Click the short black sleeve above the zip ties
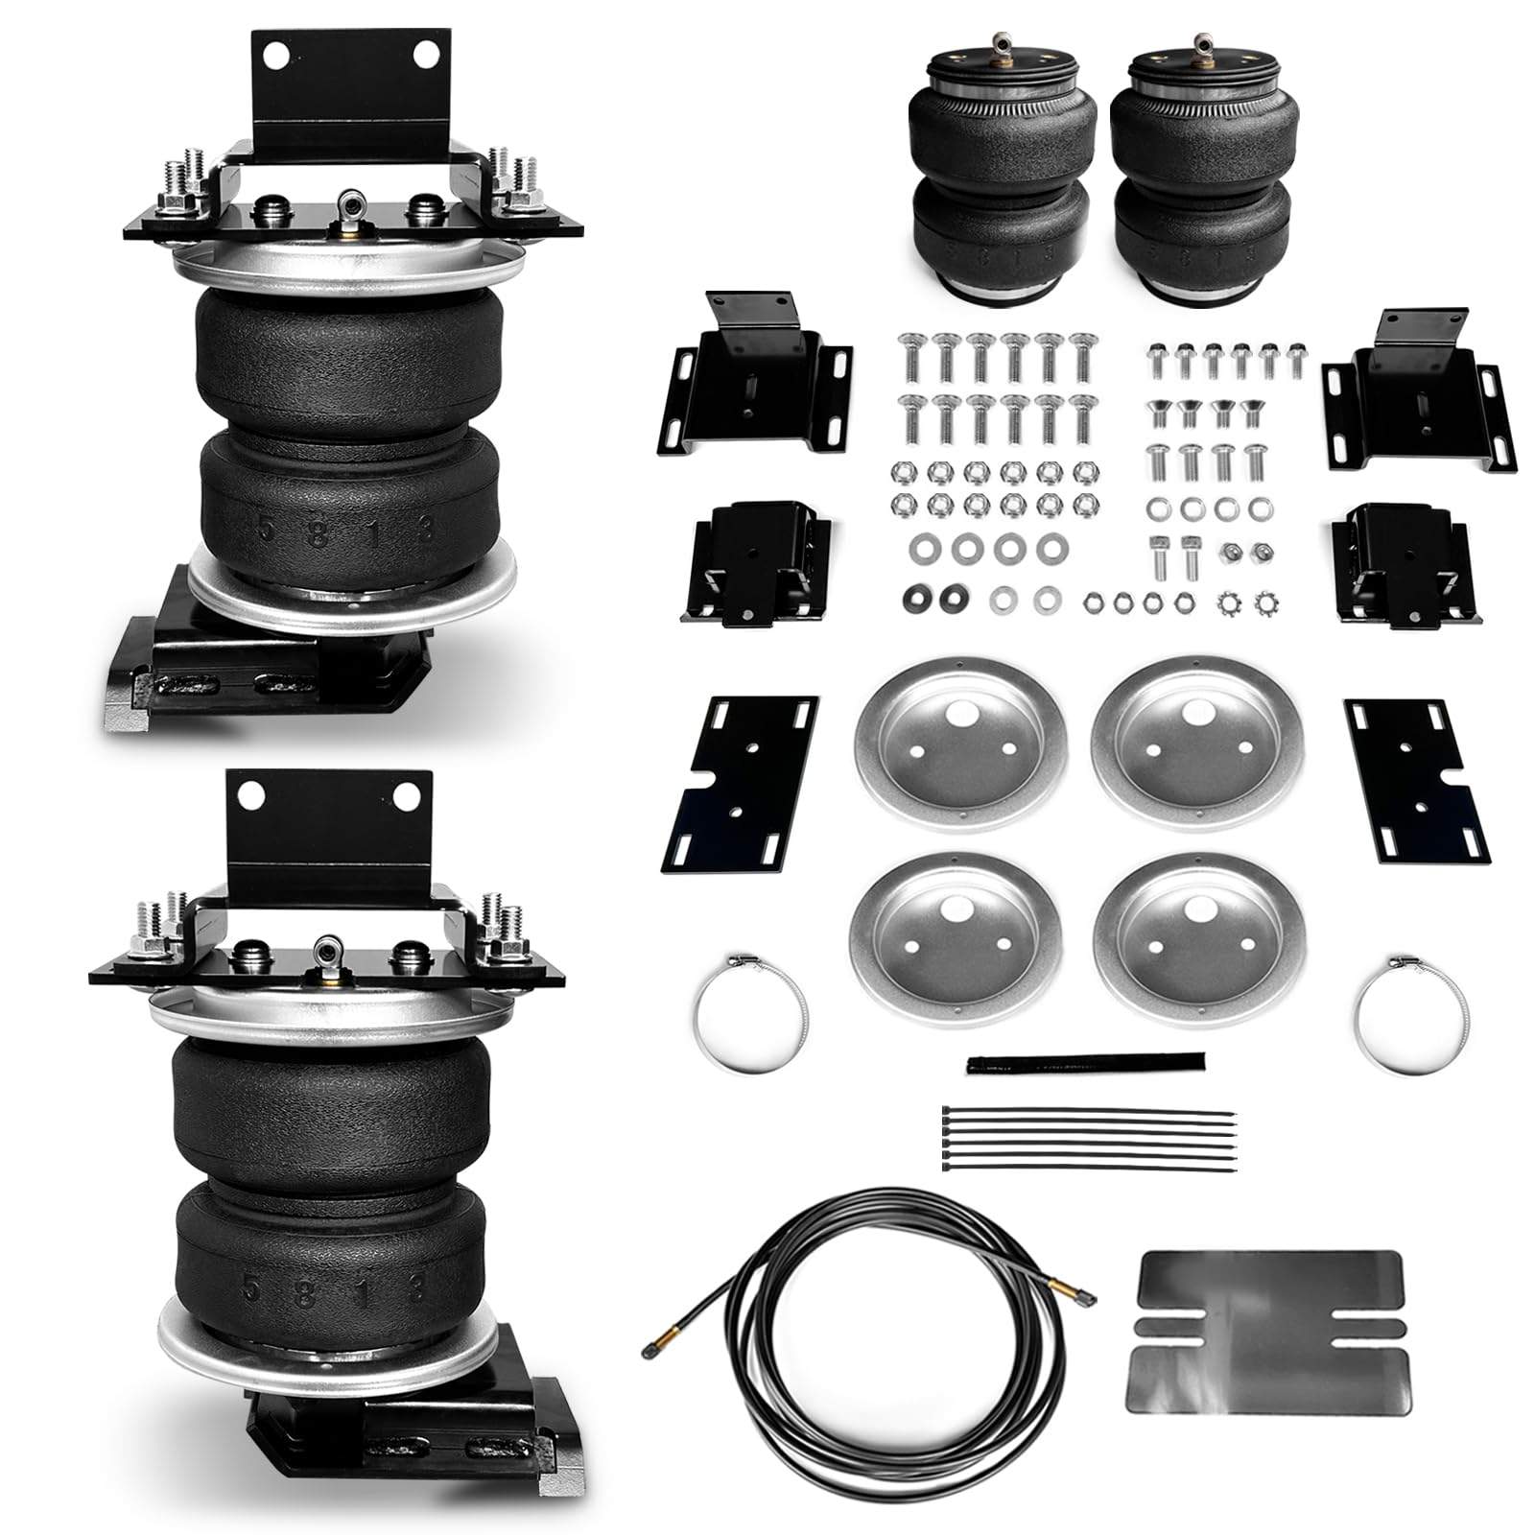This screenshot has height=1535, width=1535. point(1085,1062)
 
